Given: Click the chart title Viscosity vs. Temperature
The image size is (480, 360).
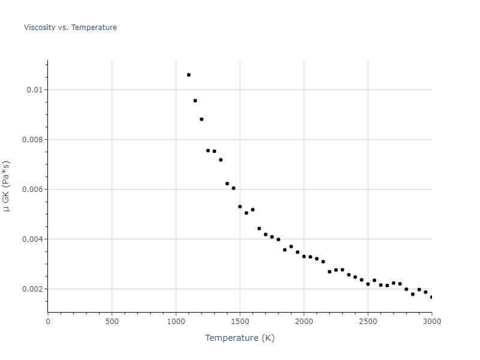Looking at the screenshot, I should click(x=70, y=28).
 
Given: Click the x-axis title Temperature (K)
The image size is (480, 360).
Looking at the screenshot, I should click(x=239, y=338).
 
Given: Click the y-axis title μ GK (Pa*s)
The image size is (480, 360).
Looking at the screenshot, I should click(x=7, y=186).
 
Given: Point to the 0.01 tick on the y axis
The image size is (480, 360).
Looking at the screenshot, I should click(x=35, y=90).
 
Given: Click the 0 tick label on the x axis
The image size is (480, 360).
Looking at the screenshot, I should click(x=48, y=322).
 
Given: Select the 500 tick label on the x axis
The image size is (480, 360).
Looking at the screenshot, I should click(x=112, y=322).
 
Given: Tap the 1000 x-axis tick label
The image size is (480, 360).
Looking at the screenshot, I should click(x=176, y=322).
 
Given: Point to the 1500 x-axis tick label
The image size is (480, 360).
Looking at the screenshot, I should click(x=240, y=322).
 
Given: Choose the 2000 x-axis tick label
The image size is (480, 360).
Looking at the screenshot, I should click(x=304, y=322).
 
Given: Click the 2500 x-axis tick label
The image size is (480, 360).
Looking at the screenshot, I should click(x=368, y=322).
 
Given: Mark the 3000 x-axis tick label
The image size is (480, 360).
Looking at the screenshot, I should click(x=431, y=322).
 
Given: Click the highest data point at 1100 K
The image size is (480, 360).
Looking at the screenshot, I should click(x=188, y=75).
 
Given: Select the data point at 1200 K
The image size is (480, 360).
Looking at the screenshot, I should click(x=202, y=119).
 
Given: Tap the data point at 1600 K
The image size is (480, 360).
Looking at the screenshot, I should click(x=253, y=210).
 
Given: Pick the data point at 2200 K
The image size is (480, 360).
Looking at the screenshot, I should click(x=329, y=272).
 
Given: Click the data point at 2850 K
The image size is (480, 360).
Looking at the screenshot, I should click(x=413, y=294).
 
